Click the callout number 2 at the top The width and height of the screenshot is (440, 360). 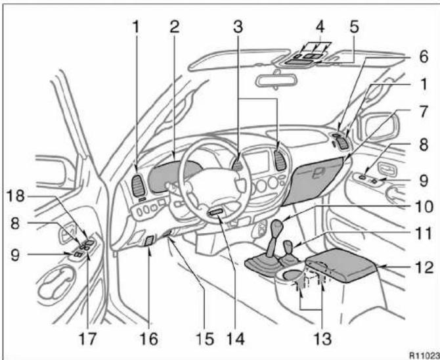(x=174, y=27)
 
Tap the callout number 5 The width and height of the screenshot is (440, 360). (x=354, y=27)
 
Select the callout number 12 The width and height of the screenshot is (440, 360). (x=425, y=267)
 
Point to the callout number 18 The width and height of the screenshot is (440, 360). (x=16, y=196)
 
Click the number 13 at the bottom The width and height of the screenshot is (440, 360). (x=323, y=338)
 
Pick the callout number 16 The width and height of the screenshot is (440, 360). (x=149, y=338)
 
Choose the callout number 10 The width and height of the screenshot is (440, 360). (x=424, y=207)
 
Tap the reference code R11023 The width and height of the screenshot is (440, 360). (x=424, y=355)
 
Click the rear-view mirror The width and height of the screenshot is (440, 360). (x=276, y=79)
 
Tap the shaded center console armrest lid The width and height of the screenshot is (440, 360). (x=341, y=263)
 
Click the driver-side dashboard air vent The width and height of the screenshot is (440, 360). (x=139, y=186)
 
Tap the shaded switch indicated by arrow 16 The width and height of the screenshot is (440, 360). (x=148, y=241)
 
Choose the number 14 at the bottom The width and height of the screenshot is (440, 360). (x=235, y=338)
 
